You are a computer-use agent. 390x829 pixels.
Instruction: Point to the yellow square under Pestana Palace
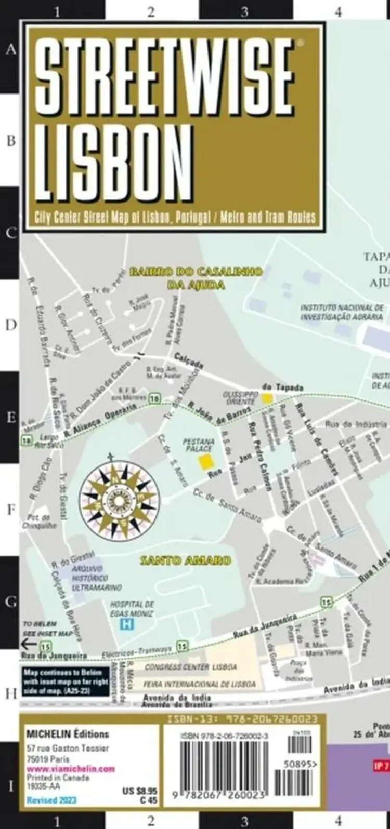click(x=206, y=461)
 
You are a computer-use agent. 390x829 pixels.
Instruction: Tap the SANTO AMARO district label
click(x=186, y=560)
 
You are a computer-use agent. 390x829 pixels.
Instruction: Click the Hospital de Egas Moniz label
click(x=132, y=609)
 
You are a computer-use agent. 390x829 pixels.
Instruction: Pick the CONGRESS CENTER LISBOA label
click(x=191, y=667)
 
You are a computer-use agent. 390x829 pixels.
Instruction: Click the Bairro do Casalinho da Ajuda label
click(x=196, y=277)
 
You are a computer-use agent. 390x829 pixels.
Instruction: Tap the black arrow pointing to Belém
click(x=29, y=645)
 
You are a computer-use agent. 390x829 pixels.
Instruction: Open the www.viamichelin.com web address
click(x=71, y=769)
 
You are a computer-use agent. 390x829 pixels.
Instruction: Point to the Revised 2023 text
click(x=51, y=800)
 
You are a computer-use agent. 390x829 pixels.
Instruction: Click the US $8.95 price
click(x=139, y=791)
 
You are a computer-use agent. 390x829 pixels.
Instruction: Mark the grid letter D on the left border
click(x=11, y=326)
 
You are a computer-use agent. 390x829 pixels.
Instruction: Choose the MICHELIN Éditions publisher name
click(x=68, y=734)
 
